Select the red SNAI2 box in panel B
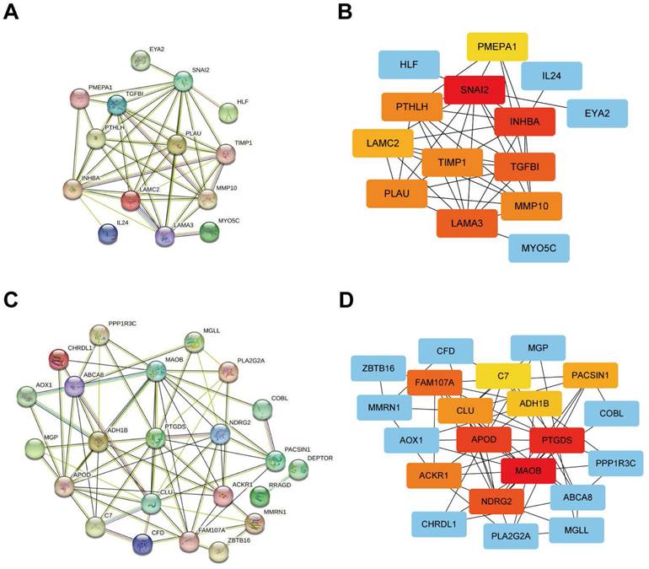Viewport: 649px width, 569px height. [478, 89]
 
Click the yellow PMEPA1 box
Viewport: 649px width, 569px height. [497, 46]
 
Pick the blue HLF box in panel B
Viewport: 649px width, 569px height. [409, 64]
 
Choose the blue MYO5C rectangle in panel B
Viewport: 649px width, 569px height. [539, 248]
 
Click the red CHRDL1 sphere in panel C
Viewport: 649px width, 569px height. [59, 359]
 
